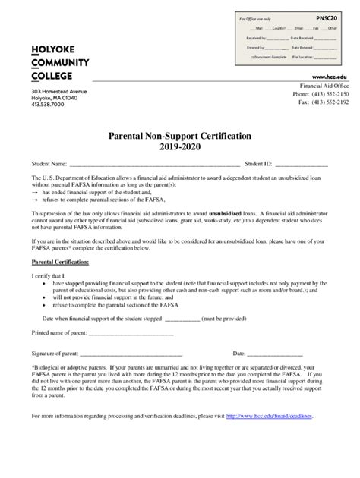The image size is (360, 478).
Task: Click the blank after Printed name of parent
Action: [132, 333]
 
